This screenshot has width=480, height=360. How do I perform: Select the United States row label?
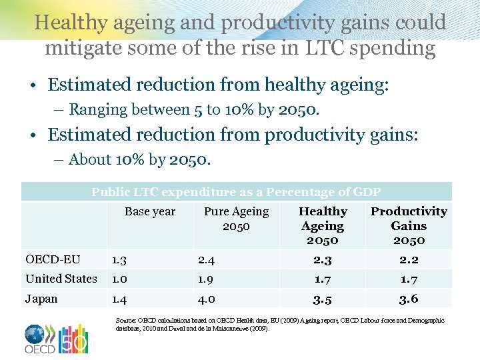[x=61, y=279]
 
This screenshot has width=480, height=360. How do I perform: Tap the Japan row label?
[x=41, y=299]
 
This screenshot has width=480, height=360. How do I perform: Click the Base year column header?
[x=150, y=211]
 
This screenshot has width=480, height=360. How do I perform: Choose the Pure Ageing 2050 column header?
[x=236, y=219]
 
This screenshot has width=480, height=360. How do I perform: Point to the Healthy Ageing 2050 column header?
[x=323, y=225]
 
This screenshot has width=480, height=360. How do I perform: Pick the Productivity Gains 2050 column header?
[x=409, y=225]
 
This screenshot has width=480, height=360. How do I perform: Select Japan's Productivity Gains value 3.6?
[x=409, y=299]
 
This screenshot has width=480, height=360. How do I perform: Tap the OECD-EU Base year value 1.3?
[x=121, y=259]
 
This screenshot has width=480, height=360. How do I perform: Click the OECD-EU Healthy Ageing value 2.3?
[x=323, y=259]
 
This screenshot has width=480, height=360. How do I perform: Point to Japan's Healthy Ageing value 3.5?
[x=323, y=299]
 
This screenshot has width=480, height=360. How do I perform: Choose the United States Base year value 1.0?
[x=121, y=279]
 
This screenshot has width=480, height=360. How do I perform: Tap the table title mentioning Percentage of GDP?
[x=236, y=192]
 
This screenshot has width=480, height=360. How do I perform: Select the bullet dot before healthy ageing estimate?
[x=32, y=85]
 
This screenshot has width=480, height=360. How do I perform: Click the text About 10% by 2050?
[x=140, y=160]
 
